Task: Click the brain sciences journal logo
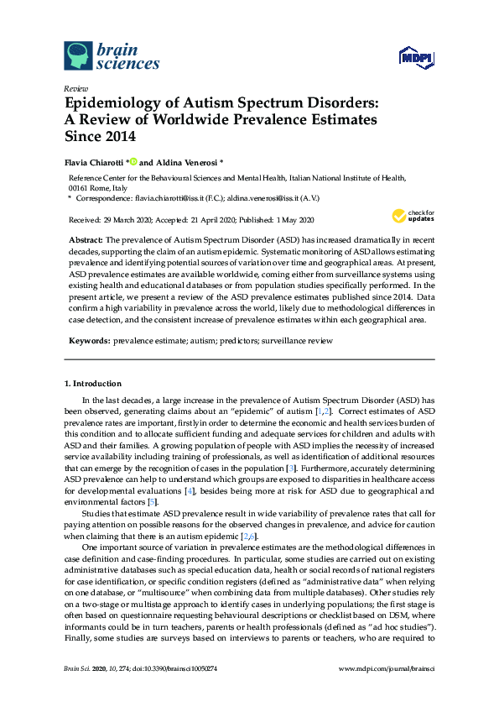click(111, 55)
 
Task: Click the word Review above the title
click(76, 88)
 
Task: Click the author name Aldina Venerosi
click(185, 161)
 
